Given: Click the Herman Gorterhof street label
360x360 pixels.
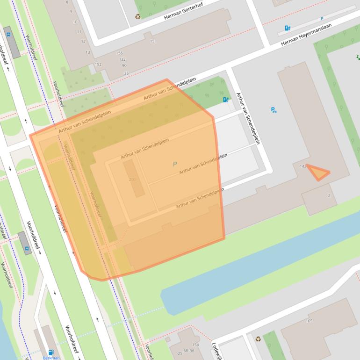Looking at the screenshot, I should coord(185,12).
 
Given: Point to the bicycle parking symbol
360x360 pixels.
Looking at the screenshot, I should coord(274,110).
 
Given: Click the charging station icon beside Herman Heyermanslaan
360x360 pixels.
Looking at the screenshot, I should coord(287,29).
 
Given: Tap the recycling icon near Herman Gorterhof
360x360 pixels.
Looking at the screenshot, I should coord(138,16).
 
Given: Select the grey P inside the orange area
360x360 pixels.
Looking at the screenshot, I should coord(175,164).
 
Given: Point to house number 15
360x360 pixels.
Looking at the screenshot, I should coord(152,42).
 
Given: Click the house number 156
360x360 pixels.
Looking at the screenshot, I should coord(119,53).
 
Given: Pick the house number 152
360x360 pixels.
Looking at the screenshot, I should coord(98,65).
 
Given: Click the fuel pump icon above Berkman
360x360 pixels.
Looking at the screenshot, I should coord(51,352).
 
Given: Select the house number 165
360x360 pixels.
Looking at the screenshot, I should coord(309,321).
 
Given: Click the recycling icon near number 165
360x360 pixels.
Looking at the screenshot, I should coord(258,338).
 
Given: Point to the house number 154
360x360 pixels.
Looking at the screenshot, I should coord(195,345).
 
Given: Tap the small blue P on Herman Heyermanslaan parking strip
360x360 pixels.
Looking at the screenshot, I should coord(322,19).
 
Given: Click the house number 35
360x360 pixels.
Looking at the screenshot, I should coord(126,73).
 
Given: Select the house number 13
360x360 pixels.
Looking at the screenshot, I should coord(87,52).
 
